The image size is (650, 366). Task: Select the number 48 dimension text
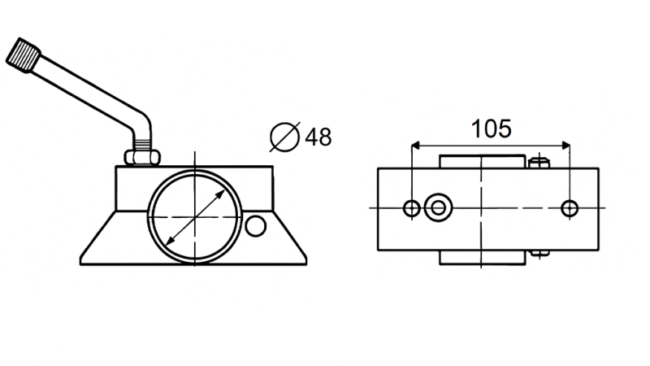pos(318,137)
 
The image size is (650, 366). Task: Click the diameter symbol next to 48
pos(285,137)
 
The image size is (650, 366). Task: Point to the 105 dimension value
pos(491,128)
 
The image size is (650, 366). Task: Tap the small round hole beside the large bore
pos(256,226)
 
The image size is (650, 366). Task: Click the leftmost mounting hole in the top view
pos(413,208)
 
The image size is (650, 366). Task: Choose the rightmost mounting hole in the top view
pos(570,208)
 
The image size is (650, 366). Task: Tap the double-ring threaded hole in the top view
pos(439,207)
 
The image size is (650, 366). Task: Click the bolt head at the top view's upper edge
pos(538,162)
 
